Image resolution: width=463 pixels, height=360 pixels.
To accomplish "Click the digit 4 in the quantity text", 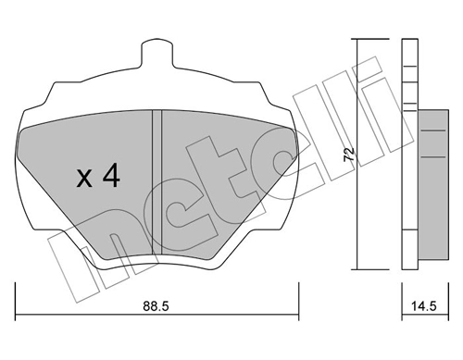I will [x=110, y=177].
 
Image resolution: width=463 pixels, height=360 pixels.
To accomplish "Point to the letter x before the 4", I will [x=84, y=179].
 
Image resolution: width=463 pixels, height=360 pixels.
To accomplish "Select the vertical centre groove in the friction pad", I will [x=156, y=176].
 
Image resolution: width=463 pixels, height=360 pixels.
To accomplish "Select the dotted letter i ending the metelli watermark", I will [x=370, y=79].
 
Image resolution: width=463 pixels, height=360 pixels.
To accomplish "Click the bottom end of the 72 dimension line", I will [x=357, y=270].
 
